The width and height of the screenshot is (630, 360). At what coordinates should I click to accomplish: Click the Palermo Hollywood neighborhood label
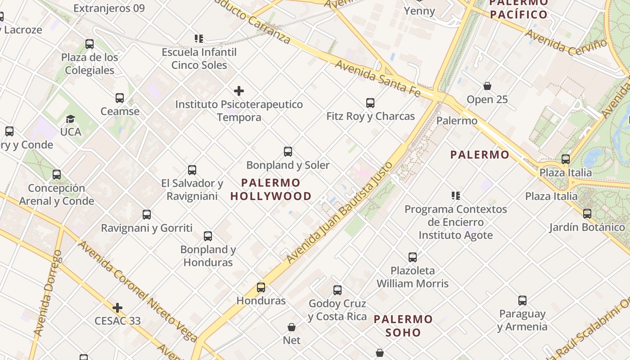pos(271,189)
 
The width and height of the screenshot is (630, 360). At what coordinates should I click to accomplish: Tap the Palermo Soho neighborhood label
pos(403,326)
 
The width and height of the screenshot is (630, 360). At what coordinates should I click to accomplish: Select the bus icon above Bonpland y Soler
pos(288,152)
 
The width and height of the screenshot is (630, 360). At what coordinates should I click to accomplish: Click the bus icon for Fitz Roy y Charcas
pos(370,103)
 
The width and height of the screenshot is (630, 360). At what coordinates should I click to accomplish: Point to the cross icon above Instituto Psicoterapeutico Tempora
pos(239,91)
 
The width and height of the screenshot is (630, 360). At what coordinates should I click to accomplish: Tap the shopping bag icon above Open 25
pos(487,86)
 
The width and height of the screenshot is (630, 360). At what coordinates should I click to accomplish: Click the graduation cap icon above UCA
pos(71,119)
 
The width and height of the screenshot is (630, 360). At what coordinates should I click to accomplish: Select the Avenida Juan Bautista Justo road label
pos(340,212)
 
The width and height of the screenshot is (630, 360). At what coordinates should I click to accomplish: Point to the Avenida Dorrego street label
pos(48,293)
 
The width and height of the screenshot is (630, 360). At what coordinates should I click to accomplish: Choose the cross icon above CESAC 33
pos(117,308)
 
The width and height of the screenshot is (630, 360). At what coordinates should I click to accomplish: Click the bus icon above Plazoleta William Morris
pos(413,257)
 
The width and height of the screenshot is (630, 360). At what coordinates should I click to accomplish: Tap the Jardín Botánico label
pos(587,227)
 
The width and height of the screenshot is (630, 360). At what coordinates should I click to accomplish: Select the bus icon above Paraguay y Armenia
pos(522,301)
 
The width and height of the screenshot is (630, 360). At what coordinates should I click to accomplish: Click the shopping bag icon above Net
pos(292,327)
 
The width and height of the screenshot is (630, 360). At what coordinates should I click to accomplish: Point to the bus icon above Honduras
pos(261,288)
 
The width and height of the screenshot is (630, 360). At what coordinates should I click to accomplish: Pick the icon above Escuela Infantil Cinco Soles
pos(199,39)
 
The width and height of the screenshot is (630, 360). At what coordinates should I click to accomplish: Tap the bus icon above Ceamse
pos(120,98)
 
